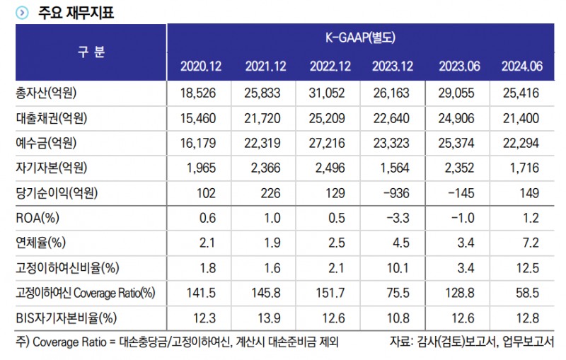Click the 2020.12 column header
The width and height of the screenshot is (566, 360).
pyautogui.click(x=202, y=66)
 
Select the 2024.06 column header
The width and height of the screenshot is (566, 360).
pyautogui.click(x=522, y=66)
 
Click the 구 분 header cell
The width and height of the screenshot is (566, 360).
pyautogui.click(x=91, y=52)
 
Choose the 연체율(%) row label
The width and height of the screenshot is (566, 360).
pyautogui.click(x=40, y=243)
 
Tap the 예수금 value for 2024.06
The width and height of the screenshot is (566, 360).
pyautogui.click(x=522, y=143)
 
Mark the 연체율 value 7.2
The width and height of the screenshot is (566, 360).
pyautogui.click(x=531, y=243)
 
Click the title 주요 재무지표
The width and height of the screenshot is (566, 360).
pyautogui.click(x=76, y=13)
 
